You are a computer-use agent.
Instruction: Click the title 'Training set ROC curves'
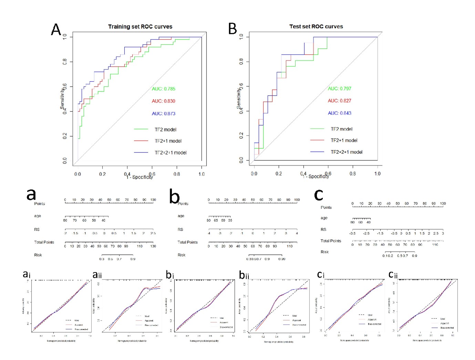[x=140, y=27]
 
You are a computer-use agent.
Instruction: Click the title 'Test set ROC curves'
[x=316, y=27]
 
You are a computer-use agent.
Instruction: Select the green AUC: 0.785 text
[x=164, y=89]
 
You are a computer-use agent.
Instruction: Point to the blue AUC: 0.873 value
[x=164, y=114]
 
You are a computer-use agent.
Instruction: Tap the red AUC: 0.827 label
[x=340, y=101]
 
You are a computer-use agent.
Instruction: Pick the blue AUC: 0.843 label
[x=340, y=113]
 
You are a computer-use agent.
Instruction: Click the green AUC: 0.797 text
[x=340, y=88]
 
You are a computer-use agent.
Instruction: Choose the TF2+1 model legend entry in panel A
[x=168, y=141]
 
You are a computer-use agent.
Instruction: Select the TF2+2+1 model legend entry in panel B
[x=346, y=152]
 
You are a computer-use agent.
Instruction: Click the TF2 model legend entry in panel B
[x=341, y=129]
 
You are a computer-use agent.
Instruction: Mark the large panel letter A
[x=56, y=30]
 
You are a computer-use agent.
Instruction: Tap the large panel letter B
[x=233, y=29]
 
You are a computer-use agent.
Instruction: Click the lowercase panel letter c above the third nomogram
[x=319, y=195]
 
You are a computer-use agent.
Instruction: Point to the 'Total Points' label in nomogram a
[x=44, y=242]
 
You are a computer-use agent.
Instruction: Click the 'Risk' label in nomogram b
[x=182, y=255]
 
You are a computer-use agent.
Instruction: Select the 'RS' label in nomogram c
[x=323, y=230]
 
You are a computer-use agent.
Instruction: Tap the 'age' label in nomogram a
[x=38, y=216]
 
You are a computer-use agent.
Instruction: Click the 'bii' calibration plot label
[x=244, y=275]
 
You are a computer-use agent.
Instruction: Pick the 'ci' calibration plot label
[x=321, y=275]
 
